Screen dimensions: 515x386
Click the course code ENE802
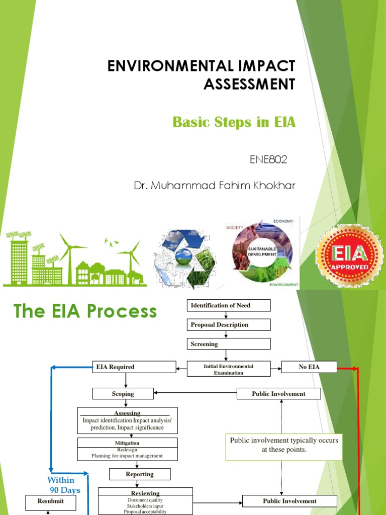coord(268,160)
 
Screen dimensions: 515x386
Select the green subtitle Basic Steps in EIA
coord(234,122)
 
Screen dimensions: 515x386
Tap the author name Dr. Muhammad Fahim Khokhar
coord(215,186)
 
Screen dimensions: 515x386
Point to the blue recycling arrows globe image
coord(184,257)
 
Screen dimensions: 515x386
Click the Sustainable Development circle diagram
coord(261,253)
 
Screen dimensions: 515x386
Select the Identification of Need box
coord(229,305)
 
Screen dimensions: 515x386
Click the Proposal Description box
coord(229,325)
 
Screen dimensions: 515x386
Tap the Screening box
coord(229,344)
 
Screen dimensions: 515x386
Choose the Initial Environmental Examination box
coord(229,370)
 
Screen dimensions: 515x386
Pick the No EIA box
coord(309,367)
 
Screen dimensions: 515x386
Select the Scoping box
coord(123,394)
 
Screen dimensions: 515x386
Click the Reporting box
coord(140,474)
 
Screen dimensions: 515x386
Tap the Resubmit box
coord(51,501)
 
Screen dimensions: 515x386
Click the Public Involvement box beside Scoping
coord(278,394)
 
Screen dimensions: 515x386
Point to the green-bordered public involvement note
coord(284,445)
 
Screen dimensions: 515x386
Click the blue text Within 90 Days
coord(64,485)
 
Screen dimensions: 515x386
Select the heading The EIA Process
coord(85,312)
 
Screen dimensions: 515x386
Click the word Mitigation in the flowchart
coord(127,443)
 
